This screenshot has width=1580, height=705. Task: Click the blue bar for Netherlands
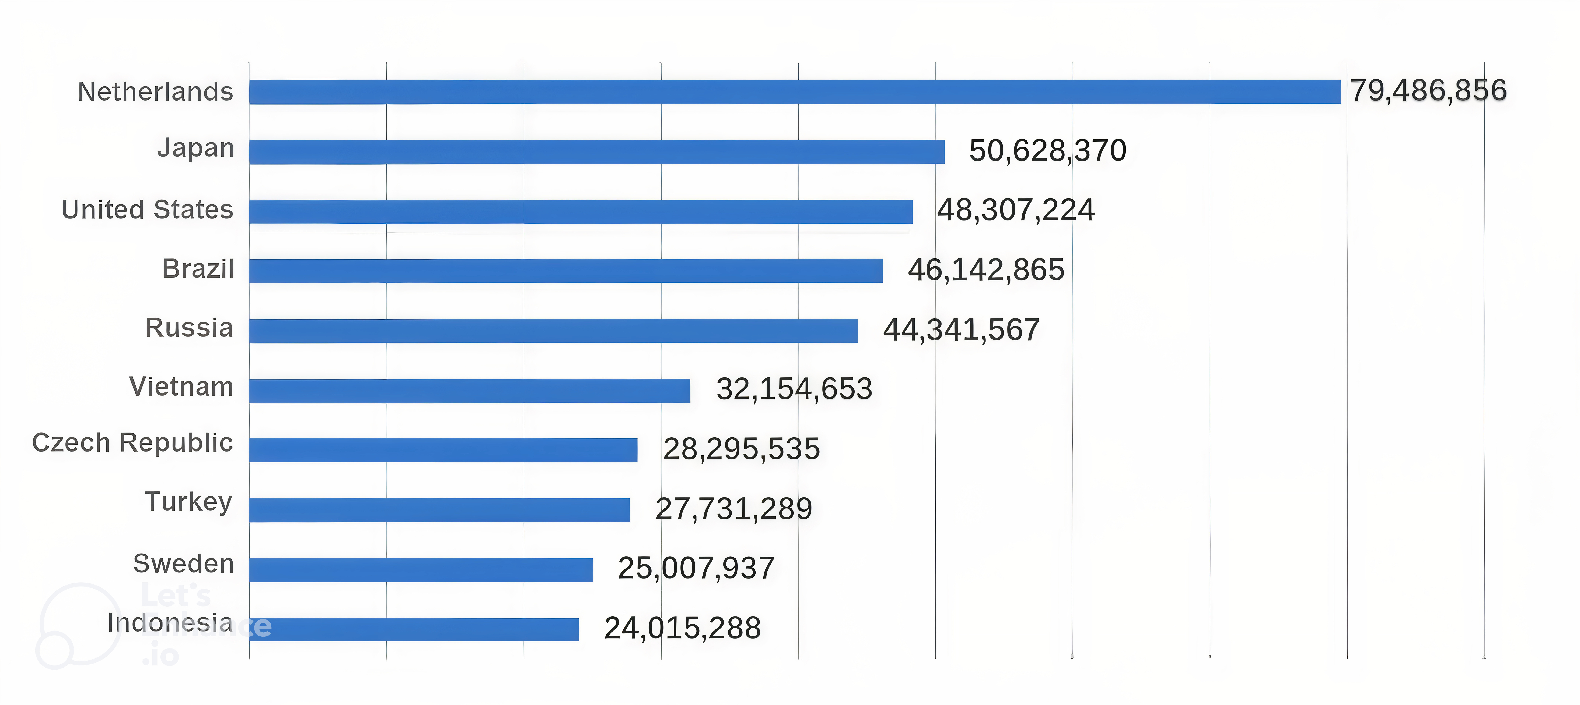pyautogui.click(x=795, y=91)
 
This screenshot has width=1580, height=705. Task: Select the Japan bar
pyautogui.click(x=597, y=152)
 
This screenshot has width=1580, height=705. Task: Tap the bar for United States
pyautogui.click(x=581, y=212)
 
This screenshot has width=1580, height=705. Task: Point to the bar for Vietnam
pyautogui.click(x=470, y=391)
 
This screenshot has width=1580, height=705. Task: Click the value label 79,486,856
pyautogui.click(x=1428, y=91)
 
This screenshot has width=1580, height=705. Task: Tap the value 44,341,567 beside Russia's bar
pyautogui.click(x=961, y=330)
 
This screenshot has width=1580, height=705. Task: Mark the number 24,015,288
pyautogui.click(x=683, y=628)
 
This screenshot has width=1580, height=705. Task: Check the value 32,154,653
pyautogui.click(x=794, y=389)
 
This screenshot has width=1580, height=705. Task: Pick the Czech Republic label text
pyautogui.click(x=132, y=442)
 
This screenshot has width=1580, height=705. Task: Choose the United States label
pyautogui.click(x=148, y=210)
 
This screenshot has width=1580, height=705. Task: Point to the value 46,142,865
pyautogui.click(x=986, y=270)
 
